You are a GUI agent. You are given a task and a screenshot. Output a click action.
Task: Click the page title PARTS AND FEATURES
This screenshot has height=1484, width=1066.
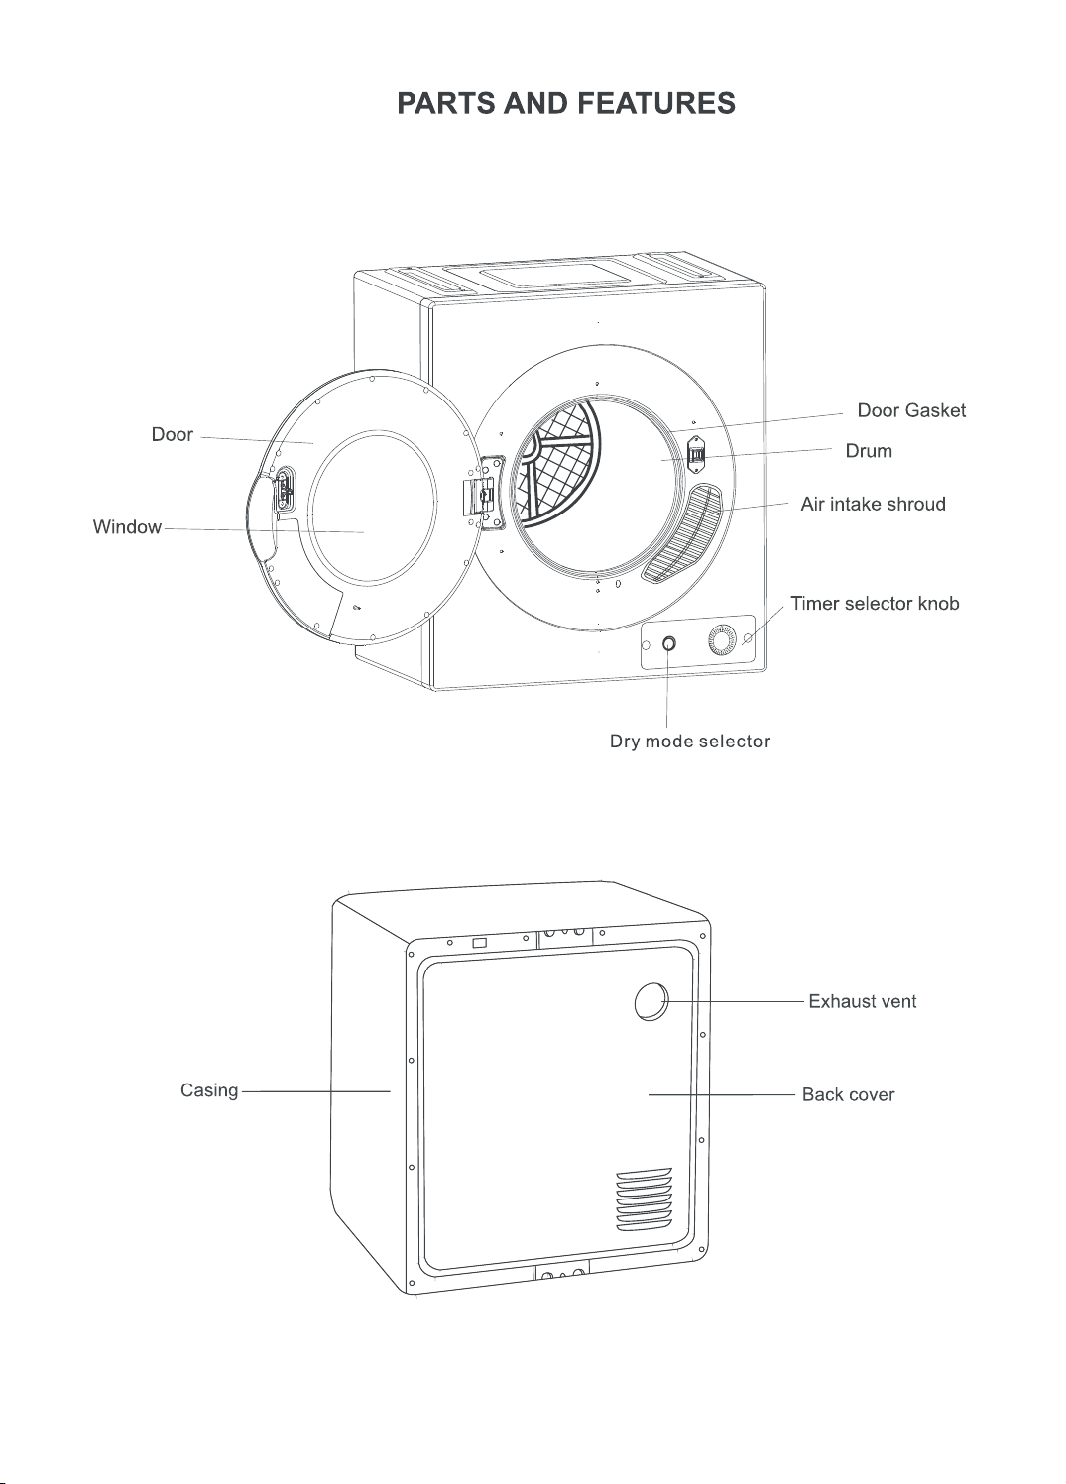(566, 104)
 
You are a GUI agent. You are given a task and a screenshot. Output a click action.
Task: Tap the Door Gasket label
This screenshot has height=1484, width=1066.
(911, 410)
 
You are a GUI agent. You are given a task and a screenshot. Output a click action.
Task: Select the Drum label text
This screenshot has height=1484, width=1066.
(869, 451)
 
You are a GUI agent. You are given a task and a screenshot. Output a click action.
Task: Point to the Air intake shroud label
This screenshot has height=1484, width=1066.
(873, 505)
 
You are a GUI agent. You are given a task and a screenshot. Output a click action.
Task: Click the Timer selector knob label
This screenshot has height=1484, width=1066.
(875, 604)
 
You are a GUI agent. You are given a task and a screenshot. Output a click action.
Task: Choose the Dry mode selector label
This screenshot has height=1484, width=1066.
(690, 742)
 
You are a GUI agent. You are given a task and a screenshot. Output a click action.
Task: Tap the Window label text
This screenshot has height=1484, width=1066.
(127, 527)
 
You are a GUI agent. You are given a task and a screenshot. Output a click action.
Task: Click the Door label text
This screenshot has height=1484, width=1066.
(173, 434)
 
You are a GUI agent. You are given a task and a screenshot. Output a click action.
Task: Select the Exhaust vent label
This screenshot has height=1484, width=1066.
(863, 1001)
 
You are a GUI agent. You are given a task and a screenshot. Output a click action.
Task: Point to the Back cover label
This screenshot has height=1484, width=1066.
(848, 1094)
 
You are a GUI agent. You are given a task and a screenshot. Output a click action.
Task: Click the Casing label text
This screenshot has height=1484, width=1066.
(209, 1090)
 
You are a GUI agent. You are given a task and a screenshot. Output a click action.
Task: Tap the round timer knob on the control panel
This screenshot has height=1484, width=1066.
(721, 640)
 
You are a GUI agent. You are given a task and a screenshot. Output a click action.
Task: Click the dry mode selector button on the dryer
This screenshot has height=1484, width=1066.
(669, 644)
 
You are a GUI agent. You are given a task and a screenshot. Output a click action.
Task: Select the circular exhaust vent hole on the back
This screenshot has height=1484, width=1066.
(651, 1001)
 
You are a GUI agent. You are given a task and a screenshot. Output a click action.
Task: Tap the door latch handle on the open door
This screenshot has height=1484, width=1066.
(285, 490)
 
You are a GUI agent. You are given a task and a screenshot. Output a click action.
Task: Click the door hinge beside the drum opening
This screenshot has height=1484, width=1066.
(483, 493)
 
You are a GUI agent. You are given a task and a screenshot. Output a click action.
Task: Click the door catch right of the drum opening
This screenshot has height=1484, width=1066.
(696, 454)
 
